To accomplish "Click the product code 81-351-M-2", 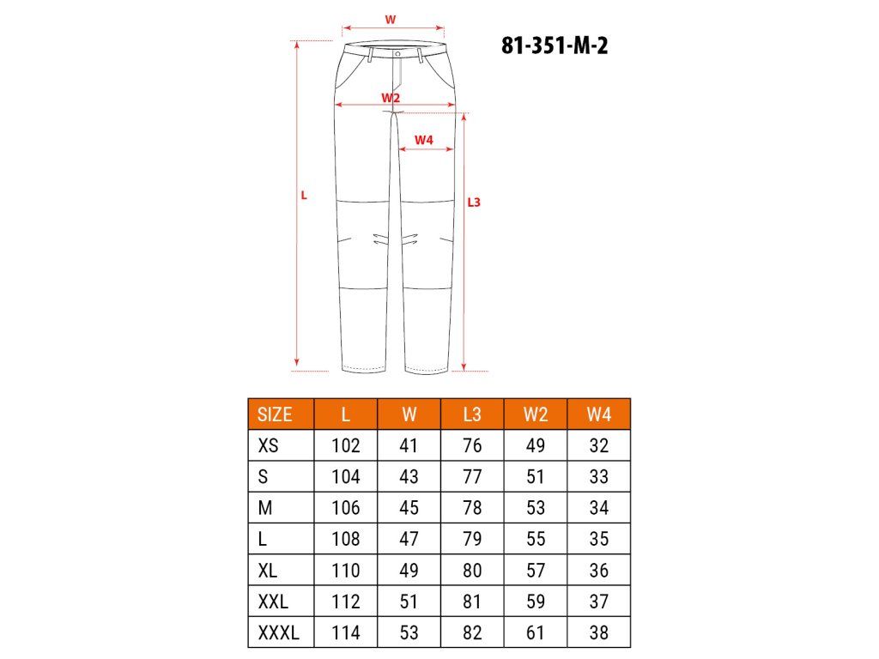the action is [x=555, y=45].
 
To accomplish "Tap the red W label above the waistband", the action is [x=391, y=20].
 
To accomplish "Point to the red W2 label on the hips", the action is [x=391, y=98].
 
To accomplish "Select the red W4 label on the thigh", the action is [x=424, y=140].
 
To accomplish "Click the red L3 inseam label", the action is [x=474, y=203].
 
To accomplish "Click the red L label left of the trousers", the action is [x=304, y=196].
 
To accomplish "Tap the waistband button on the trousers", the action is [x=397, y=54].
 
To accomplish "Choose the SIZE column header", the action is [x=275, y=414].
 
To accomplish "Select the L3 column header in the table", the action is [x=472, y=414].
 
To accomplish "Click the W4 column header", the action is [x=598, y=414].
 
